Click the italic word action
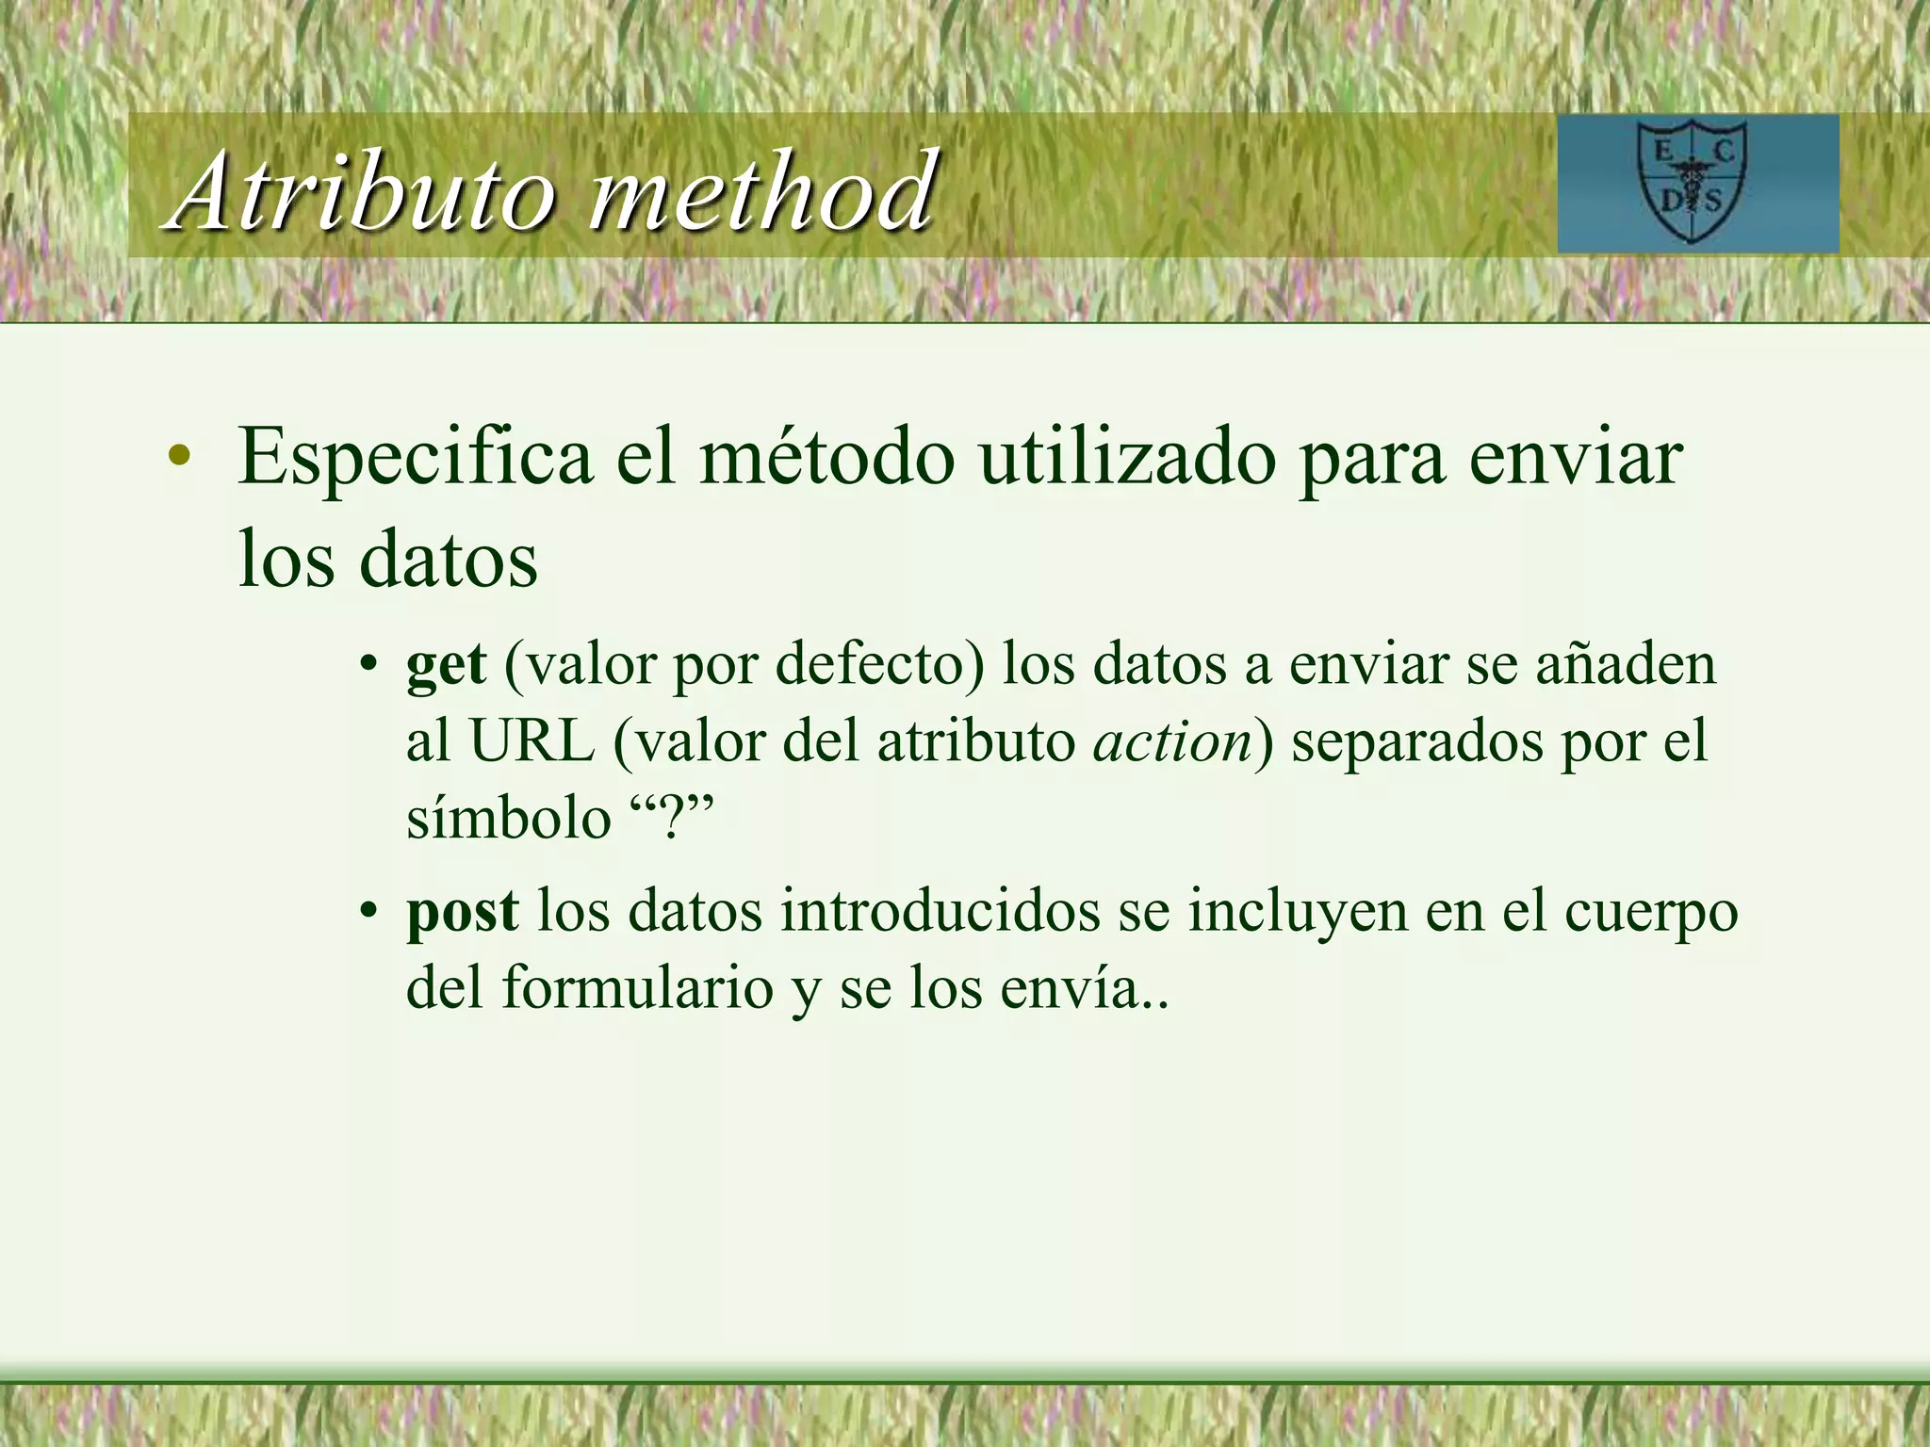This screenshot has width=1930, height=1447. (1172, 742)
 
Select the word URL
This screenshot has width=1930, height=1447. (532, 742)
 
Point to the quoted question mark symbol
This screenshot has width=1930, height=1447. (672, 818)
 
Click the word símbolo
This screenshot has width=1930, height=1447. (509, 818)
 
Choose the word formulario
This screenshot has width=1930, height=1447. (637, 989)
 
